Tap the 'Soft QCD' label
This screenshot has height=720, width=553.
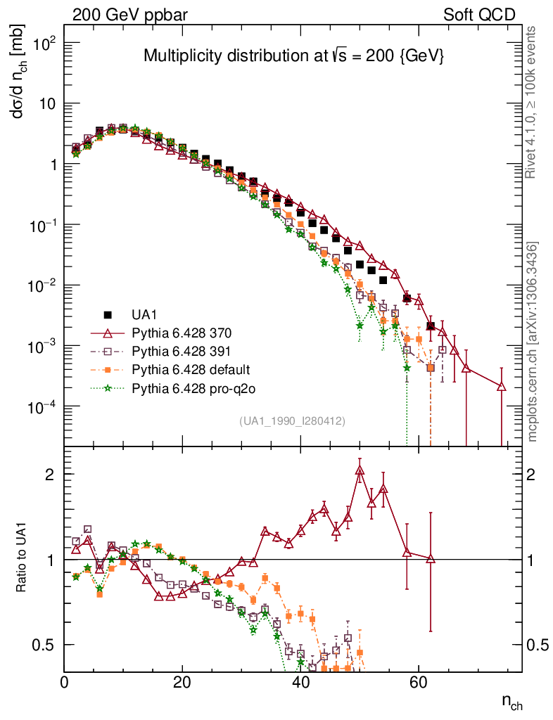(478, 15)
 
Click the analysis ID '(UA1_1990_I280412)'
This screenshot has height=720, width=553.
(291, 421)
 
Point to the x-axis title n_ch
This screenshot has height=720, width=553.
(511, 702)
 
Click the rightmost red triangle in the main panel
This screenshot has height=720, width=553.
(502, 386)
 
